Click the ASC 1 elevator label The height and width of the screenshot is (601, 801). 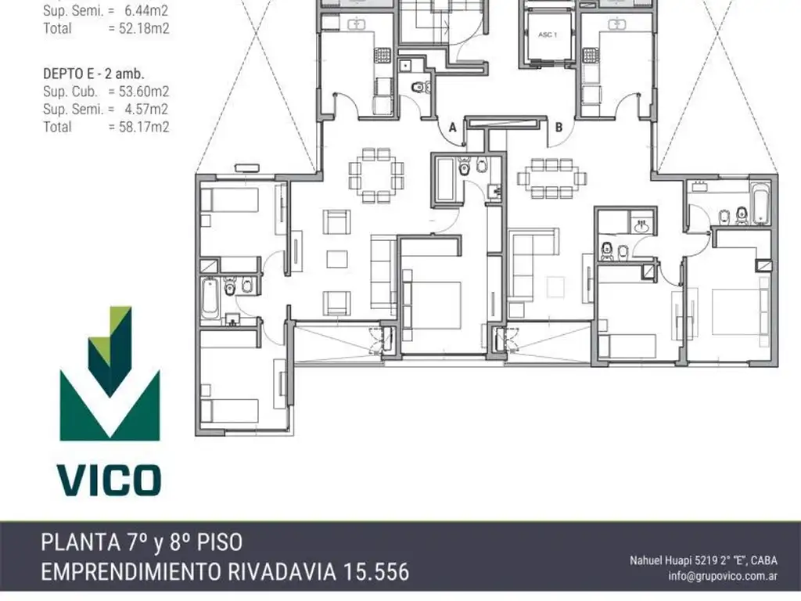pos(548,34)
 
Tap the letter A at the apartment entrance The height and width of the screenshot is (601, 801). pos(452,128)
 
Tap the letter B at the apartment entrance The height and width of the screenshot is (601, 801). pos(559,128)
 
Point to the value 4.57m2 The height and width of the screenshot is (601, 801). pos(146,109)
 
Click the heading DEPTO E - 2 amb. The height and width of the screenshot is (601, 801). pos(94,74)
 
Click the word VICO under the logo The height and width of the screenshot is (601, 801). pos(110,480)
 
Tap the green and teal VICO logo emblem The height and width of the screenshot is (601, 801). pos(110,373)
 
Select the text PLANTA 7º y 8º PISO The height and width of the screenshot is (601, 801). pos(142,543)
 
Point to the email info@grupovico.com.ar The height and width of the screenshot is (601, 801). pos(723,576)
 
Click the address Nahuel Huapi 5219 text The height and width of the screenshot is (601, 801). pos(673,560)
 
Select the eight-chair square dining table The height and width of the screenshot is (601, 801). pos(376,175)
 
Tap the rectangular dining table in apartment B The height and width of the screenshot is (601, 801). pos(551,178)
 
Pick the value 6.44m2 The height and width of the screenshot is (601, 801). pos(146,10)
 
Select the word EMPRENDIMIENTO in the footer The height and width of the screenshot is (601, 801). pos(131,571)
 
